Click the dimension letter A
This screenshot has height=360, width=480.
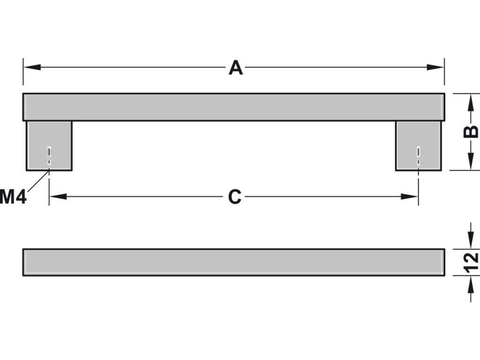coord(235,68)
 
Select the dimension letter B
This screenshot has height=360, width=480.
coord(471,132)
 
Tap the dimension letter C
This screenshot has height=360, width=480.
coord(234,197)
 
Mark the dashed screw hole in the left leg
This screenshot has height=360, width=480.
coord(48,156)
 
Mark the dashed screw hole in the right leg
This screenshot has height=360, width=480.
coord(418,156)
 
